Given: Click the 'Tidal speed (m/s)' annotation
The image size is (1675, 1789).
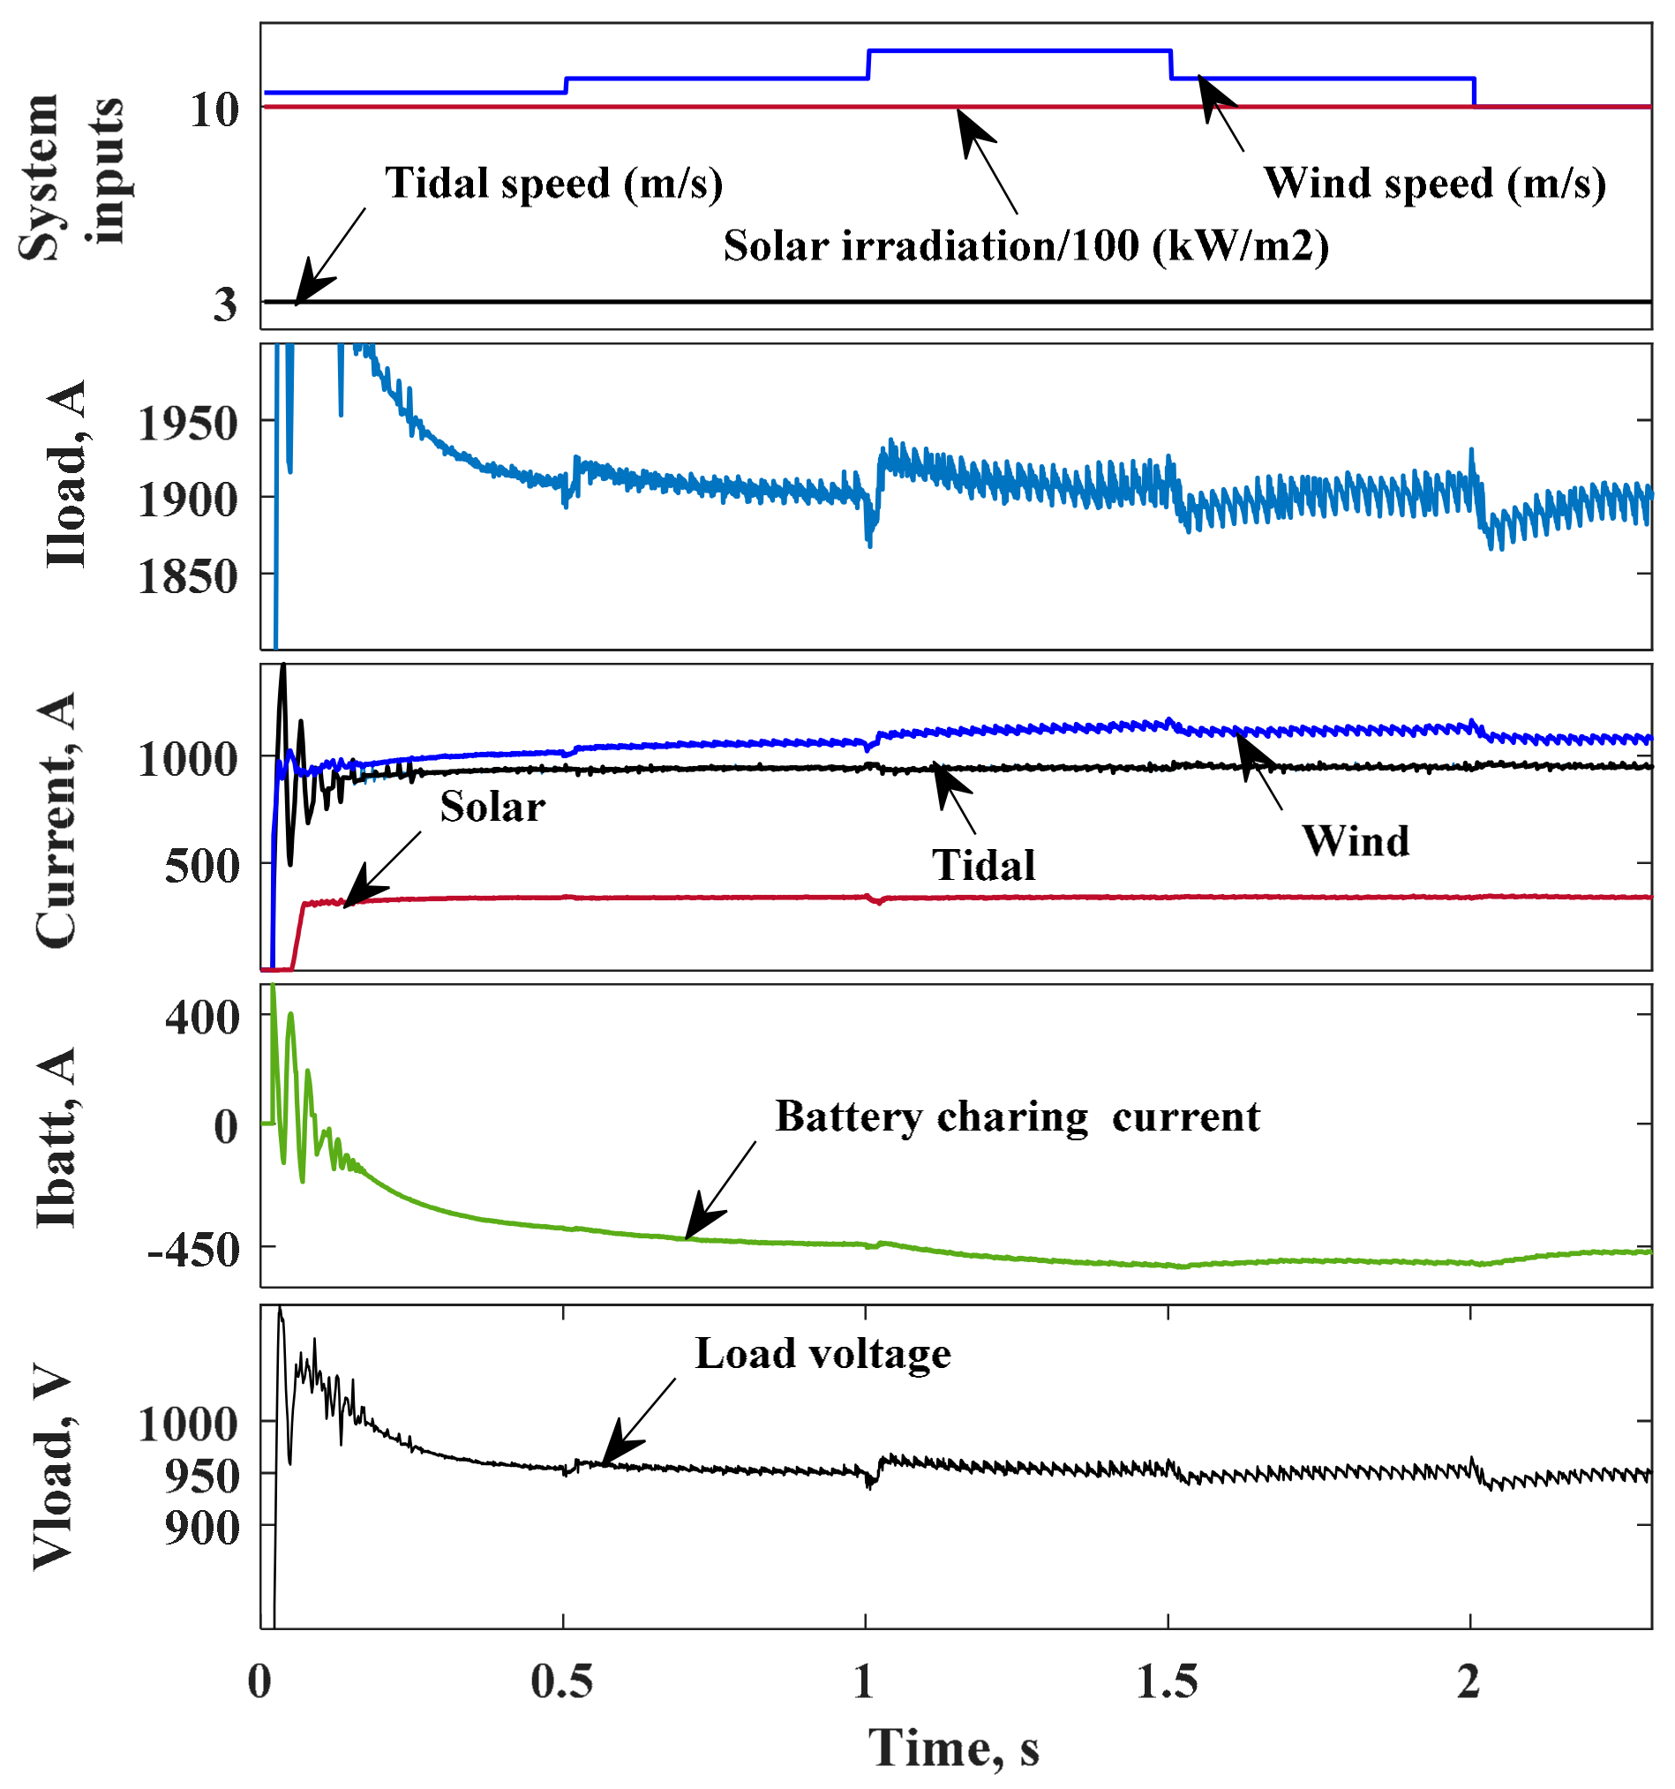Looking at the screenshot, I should pyautogui.click(x=553, y=184).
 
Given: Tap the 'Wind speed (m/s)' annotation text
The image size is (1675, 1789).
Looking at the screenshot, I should pyautogui.click(x=1434, y=184).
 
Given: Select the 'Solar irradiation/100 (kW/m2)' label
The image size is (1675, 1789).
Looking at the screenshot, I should pyautogui.click(x=1026, y=245).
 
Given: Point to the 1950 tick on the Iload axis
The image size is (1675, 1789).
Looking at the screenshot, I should pyautogui.click(x=187, y=423).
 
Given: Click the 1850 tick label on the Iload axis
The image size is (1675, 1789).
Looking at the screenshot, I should pyautogui.click(x=187, y=577).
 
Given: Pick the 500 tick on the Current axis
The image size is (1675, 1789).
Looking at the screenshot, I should pyautogui.click(x=202, y=867).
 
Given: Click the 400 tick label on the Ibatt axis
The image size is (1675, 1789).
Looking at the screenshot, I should pyautogui.click(x=202, y=1018).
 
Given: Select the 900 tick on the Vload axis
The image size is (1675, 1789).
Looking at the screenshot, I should pyautogui.click(x=202, y=1528).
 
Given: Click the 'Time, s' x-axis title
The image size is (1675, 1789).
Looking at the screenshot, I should pyautogui.click(x=954, y=1748).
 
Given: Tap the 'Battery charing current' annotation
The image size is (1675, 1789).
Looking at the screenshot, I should pyautogui.click(x=1017, y=1116).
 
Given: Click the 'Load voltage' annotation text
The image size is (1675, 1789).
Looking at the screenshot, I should pyautogui.click(x=822, y=1354).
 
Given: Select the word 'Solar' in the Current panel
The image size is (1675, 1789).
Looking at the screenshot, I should pyautogui.click(x=492, y=808).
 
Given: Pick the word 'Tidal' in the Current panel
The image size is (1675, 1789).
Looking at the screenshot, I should pyautogui.click(x=983, y=866).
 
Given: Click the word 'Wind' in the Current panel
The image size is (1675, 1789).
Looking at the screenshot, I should pyautogui.click(x=1356, y=841).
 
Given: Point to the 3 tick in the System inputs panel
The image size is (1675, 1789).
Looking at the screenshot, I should pyautogui.click(x=225, y=304).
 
